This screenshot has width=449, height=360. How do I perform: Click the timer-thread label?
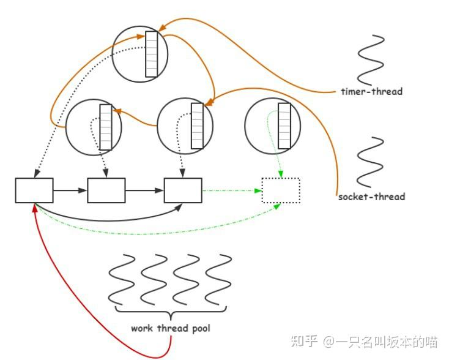tap(372, 91)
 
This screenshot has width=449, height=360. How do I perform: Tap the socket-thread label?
tap(371, 197)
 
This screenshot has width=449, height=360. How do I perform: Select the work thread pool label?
tap(170, 328)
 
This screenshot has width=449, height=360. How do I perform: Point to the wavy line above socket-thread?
tap(371, 162)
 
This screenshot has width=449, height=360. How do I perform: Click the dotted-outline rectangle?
tap(281, 190)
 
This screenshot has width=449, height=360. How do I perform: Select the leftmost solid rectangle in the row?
tap(34, 190)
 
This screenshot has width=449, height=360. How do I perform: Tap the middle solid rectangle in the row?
tap(106, 190)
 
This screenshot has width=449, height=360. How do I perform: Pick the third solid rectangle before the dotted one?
tap(183, 190)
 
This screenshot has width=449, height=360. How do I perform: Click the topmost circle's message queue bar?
tap(151, 54)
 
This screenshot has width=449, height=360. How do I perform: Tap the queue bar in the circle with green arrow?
tap(284, 126)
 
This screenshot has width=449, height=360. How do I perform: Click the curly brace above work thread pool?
tap(171, 311)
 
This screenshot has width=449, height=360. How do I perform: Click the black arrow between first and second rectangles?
tap(70, 191)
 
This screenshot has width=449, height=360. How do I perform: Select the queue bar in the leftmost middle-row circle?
tap(106, 127)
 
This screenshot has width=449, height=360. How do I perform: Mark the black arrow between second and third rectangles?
tap(144, 191)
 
